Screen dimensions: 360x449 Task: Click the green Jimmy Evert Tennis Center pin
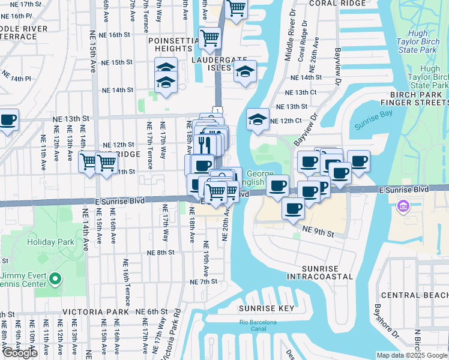55,278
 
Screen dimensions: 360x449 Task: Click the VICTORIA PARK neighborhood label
95,312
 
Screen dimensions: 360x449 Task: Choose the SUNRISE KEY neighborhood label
266,308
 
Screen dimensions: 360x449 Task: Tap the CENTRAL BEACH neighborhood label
414,295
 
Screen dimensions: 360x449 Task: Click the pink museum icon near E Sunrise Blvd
402,208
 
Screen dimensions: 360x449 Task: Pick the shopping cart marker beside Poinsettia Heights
210,38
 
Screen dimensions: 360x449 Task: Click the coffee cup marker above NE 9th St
293,208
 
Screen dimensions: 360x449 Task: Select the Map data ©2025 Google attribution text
411,355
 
